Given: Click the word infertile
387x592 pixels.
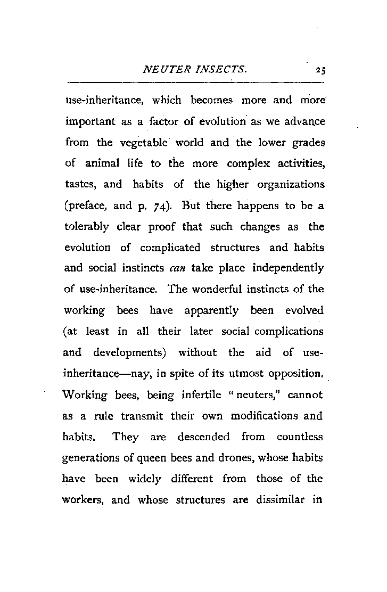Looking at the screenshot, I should [195, 395].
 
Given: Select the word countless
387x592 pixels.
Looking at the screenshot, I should [300, 437].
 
